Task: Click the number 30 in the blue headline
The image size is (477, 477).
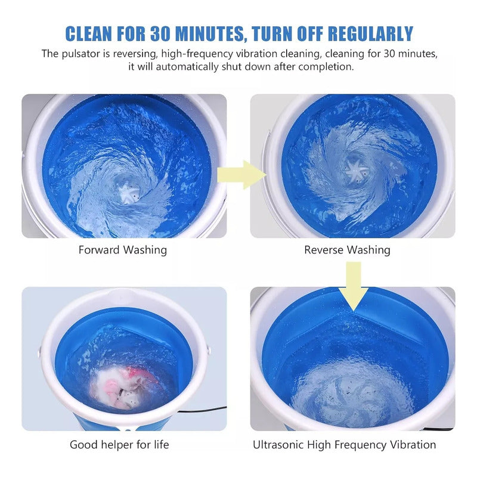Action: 160,33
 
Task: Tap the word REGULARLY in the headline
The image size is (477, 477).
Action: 370,33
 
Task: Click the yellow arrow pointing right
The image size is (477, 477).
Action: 241,175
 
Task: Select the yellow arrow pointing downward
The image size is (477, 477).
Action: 354,286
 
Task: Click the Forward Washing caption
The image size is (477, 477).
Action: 123,250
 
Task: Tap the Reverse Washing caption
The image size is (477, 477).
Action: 347,250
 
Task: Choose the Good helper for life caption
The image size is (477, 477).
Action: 119,445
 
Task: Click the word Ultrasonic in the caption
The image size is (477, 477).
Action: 278,445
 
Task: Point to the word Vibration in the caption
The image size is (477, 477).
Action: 413,445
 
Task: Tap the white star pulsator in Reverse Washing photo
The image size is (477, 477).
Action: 357,171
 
